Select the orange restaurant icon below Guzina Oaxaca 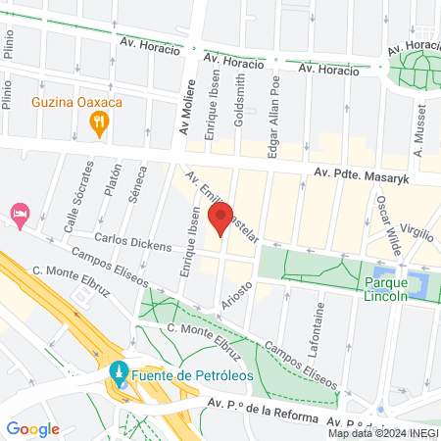(98, 122)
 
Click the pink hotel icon (19, 213)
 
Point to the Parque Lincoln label (385, 290)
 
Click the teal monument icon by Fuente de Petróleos (119, 374)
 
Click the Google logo (32, 428)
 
